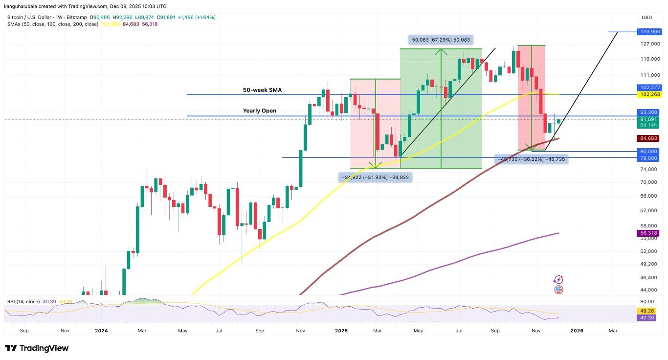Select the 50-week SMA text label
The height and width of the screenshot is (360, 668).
pos(262,90)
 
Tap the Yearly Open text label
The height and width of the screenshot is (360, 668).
pos(259,111)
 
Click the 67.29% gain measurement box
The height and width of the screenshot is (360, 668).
pos(441,40)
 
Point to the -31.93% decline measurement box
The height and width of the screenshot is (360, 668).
pos(375,177)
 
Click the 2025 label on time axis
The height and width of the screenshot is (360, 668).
pos(341,331)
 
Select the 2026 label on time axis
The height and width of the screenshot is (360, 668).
pos(577,331)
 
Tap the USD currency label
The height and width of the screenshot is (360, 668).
pos(646,18)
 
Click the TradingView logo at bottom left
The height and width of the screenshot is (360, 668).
pos(37,348)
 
